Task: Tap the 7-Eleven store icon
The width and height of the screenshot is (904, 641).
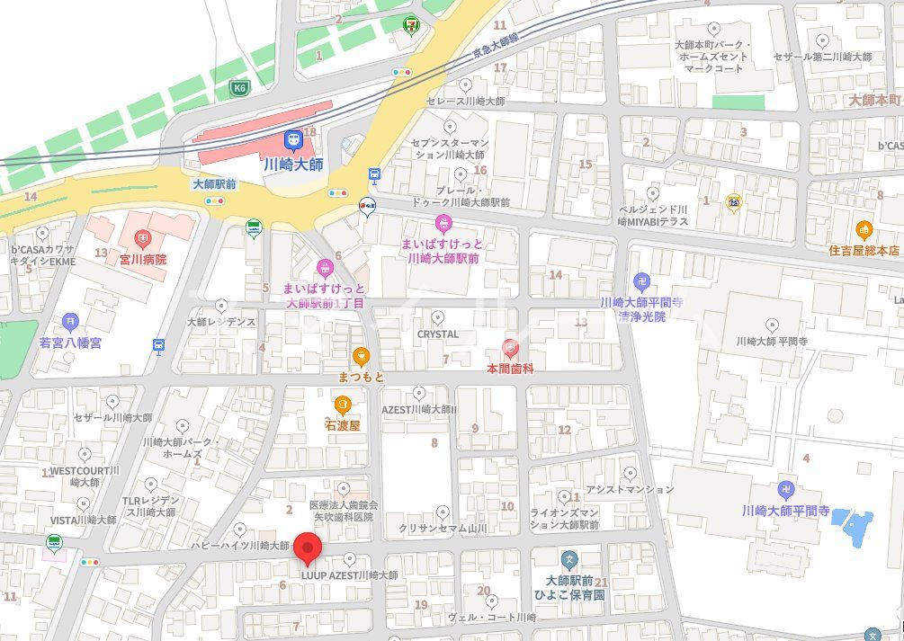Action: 411,24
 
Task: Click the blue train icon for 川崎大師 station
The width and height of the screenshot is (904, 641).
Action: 293,140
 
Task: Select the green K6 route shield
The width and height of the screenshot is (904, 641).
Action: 238,88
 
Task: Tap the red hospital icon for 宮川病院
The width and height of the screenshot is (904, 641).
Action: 142,239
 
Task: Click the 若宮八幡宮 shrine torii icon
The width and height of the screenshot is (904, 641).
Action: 71,322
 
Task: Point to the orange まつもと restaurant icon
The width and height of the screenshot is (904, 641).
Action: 361,356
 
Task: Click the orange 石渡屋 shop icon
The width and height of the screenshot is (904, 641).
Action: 342,405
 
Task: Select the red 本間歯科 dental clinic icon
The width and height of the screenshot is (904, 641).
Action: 510,348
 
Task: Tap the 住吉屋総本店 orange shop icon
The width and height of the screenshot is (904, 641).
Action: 864,229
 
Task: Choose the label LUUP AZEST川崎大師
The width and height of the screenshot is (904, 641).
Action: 349,575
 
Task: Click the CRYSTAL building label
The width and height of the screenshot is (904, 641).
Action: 438,334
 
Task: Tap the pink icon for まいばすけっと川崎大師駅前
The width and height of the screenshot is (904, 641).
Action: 443,222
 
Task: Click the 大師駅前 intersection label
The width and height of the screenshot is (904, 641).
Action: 214,183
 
